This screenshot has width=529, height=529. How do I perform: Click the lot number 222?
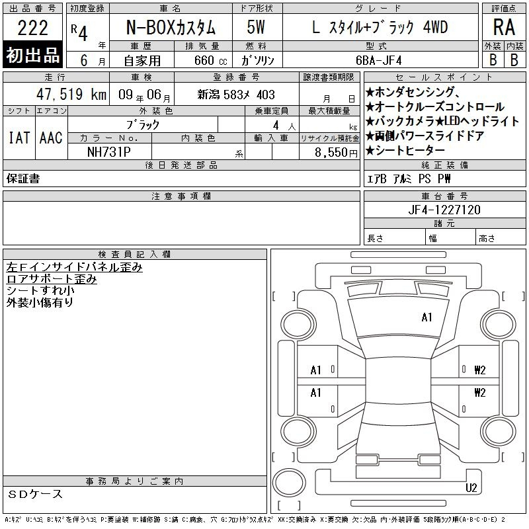click(x=32, y=28)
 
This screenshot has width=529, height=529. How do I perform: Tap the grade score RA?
click(x=504, y=27)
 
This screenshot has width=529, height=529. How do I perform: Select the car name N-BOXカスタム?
click(x=171, y=27)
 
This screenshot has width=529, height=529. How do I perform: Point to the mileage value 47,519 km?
click(x=71, y=94)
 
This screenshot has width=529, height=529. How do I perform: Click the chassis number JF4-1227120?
click(x=444, y=210)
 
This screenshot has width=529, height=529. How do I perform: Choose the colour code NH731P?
click(x=108, y=152)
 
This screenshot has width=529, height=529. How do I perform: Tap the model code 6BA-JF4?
click(x=378, y=60)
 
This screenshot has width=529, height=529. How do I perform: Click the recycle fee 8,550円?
click(x=336, y=153)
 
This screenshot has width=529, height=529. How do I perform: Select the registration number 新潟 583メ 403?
click(x=236, y=95)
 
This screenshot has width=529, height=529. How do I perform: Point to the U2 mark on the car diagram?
click(x=471, y=488)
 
